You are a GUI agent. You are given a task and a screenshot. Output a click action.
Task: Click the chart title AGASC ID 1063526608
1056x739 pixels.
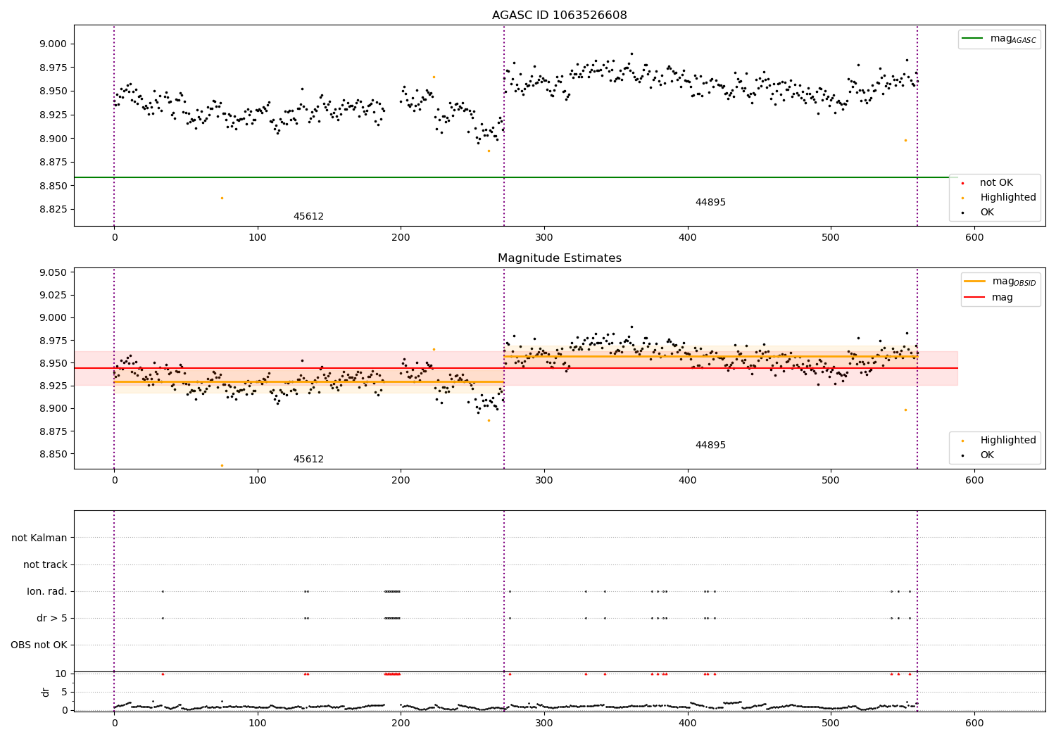pos(559,15)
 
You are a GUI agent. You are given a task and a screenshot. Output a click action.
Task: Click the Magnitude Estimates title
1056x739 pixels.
pos(559,258)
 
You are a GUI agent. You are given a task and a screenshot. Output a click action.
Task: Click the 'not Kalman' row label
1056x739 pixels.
pos(39,538)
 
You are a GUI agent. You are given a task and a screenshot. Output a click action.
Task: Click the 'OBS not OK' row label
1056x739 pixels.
pos(39,645)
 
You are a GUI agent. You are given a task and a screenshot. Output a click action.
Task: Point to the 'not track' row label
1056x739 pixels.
pos(45,564)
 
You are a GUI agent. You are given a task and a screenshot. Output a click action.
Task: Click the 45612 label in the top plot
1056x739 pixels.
pos(308,217)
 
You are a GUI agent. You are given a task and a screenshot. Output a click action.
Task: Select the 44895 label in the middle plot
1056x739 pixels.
pos(710,446)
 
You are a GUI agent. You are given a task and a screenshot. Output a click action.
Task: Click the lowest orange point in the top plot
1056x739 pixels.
pos(222,198)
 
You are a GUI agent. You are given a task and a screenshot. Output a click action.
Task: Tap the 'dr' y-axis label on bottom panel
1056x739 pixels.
pos(46,692)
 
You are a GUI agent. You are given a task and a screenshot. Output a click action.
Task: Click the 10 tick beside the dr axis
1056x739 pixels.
pos(61,674)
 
